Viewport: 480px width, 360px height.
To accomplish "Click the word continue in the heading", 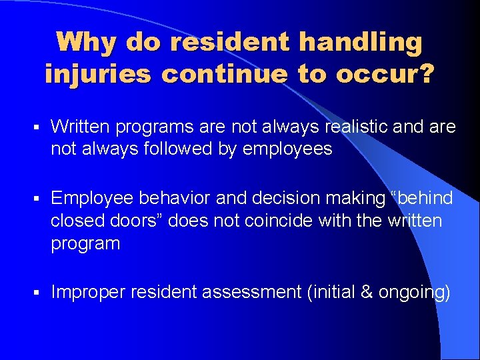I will tap(223, 74).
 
